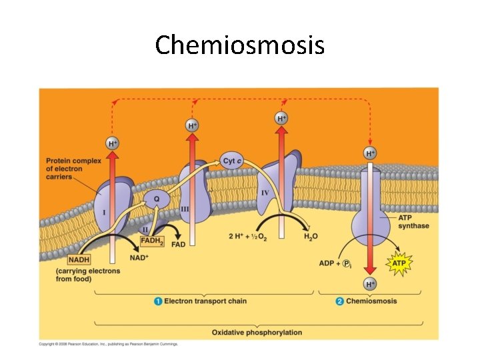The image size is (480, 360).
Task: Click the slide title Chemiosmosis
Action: [x=240, y=45]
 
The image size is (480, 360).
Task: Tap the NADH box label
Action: [x=79, y=259]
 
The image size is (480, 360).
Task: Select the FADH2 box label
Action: [x=151, y=241]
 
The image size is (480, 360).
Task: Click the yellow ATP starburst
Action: [x=398, y=263]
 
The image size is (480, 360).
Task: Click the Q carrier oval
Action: [x=157, y=198]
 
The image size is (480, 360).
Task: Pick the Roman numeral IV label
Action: [x=265, y=193]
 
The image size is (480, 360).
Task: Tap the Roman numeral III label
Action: [x=185, y=209]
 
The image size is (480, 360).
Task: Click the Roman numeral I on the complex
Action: [x=104, y=212]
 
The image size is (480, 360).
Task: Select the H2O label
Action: [x=311, y=237]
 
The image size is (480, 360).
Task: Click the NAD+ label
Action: [x=139, y=258]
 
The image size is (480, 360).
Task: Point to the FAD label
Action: [x=178, y=245]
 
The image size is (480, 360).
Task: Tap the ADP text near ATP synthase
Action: [x=327, y=263]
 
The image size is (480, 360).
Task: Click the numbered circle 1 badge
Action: [x=158, y=301]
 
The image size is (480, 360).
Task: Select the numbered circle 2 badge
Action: [x=340, y=301]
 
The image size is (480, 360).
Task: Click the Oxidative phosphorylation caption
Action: [x=257, y=332]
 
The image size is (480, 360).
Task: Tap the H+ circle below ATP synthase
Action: [x=370, y=285]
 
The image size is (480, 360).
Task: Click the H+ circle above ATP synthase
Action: [x=370, y=153]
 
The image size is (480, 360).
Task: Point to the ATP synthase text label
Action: [x=413, y=221]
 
